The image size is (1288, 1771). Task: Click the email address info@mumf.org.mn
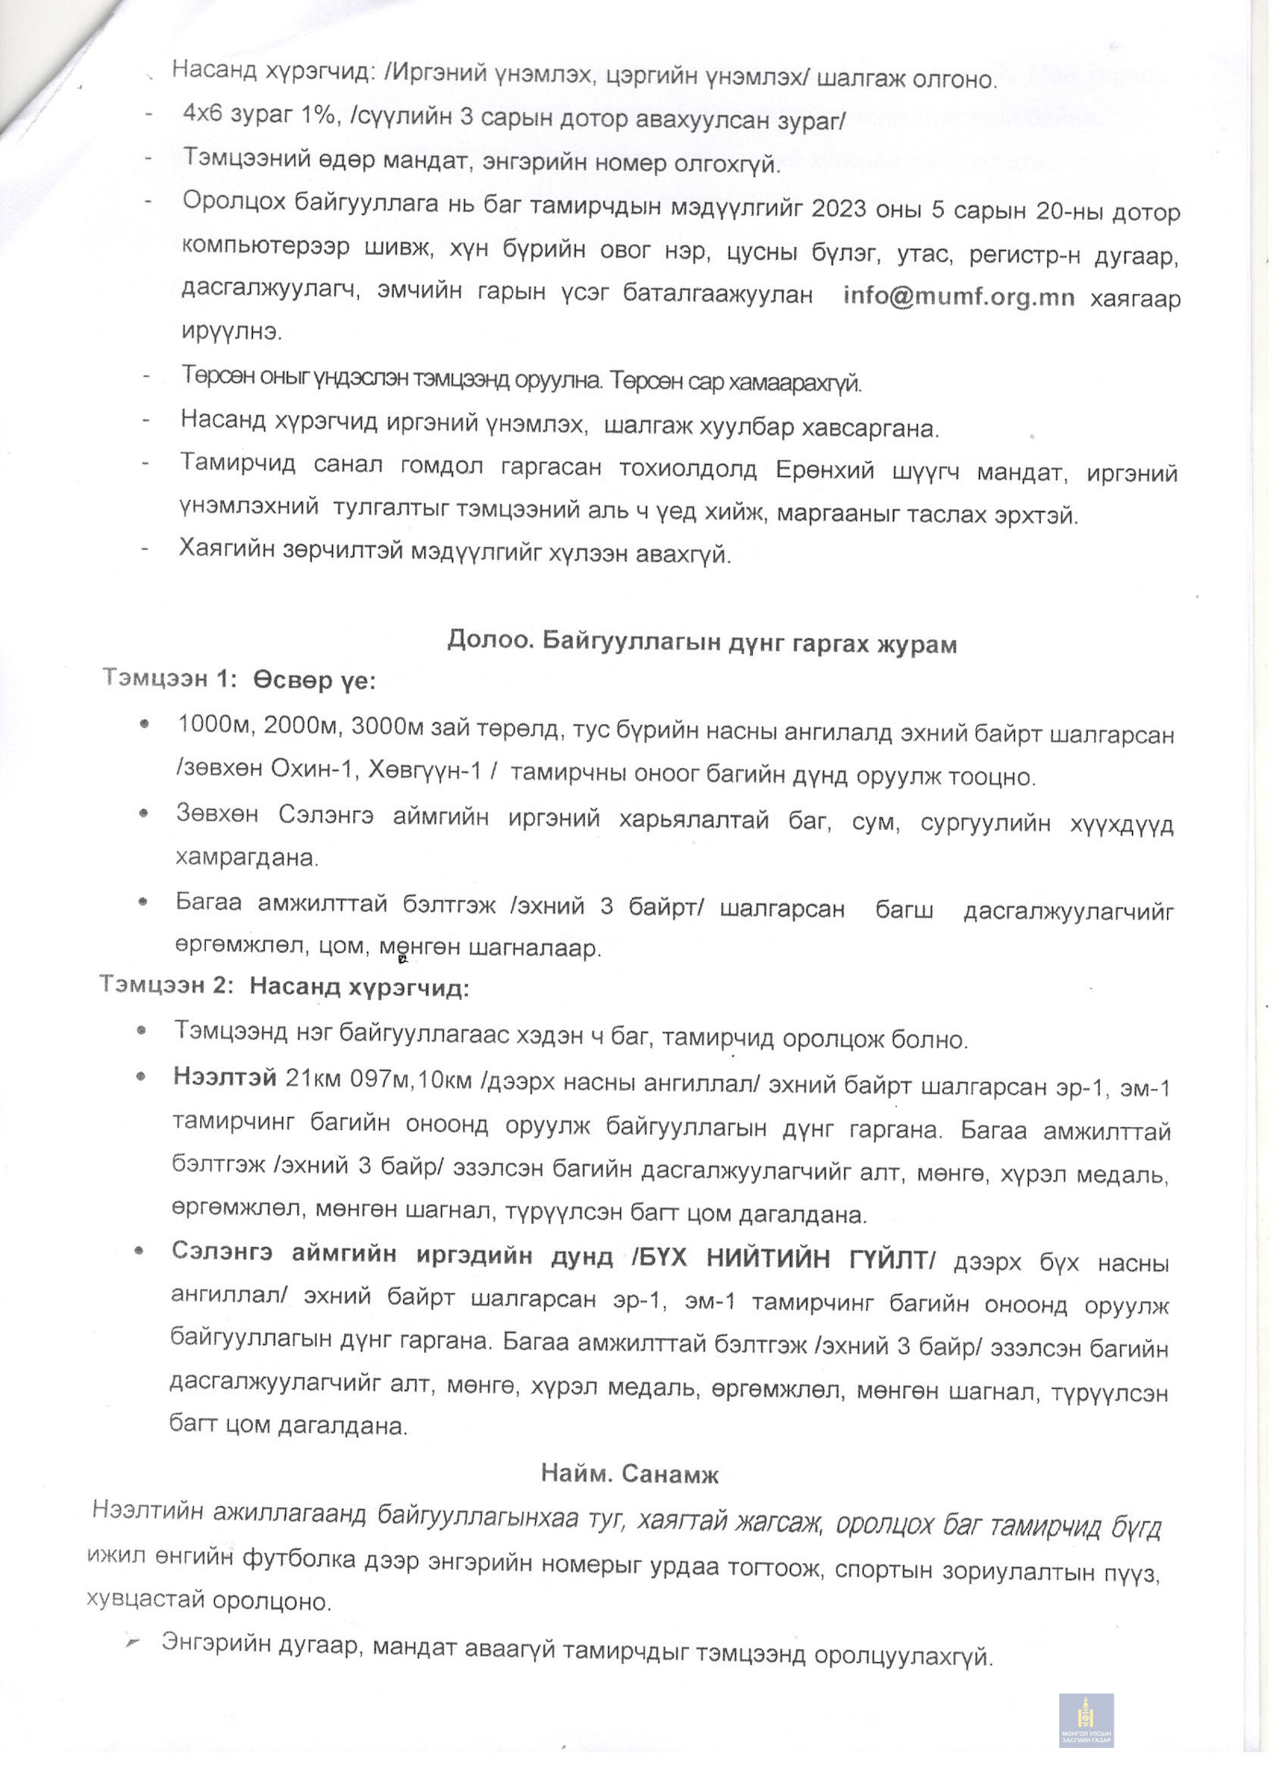958,297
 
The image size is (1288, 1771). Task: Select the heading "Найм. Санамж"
629,1473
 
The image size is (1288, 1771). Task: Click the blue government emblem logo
1086,1719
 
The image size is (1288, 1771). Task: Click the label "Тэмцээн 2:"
167,985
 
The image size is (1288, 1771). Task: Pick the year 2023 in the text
839,209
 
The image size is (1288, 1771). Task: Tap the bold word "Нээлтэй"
224,1077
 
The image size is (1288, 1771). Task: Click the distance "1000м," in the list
217,726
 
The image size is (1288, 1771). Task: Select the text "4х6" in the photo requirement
204,114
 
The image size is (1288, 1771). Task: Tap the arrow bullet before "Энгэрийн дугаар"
135,1644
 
